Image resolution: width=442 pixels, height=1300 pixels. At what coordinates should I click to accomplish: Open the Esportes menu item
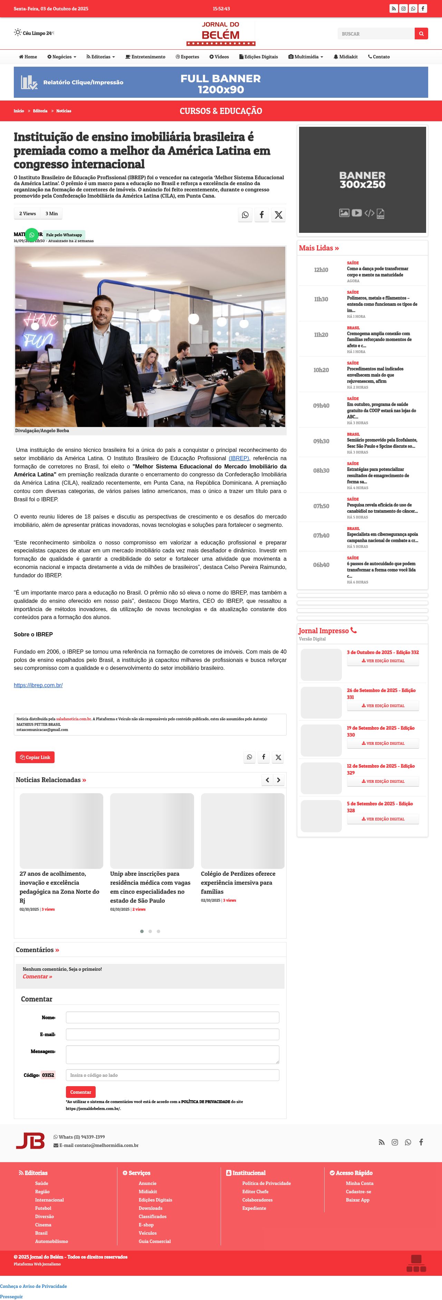tap(187, 57)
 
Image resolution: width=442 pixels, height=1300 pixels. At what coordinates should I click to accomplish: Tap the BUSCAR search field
tap(376, 34)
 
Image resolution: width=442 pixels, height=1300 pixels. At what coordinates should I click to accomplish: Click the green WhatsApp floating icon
tap(32, 235)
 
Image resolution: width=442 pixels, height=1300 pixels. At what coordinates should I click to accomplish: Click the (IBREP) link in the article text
tap(239, 458)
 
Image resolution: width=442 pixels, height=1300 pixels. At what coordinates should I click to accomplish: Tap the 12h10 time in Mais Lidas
tap(321, 270)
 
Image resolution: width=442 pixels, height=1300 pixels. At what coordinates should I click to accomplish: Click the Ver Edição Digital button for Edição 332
tap(383, 661)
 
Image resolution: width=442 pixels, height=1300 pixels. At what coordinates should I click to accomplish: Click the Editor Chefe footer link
tap(255, 1192)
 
